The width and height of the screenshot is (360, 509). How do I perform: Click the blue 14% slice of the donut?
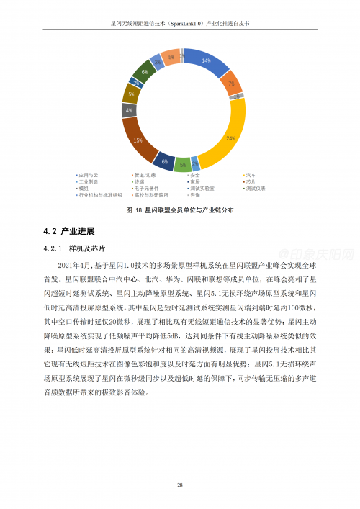point(206,62)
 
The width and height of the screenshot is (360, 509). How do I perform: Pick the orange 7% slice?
point(230,83)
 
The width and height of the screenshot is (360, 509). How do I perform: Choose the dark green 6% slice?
point(145,73)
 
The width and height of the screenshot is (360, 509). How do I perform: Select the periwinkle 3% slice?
point(158,63)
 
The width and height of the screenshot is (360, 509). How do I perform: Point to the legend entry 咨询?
point(194,194)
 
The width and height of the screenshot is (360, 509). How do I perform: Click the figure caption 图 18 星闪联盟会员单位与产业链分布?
point(179,210)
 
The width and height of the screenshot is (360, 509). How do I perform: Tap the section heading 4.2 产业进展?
point(69,231)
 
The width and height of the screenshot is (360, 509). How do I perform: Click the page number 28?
point(179,485)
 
